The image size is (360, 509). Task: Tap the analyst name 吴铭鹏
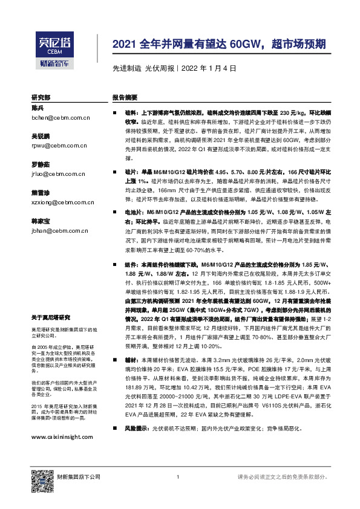[x=42, y=136]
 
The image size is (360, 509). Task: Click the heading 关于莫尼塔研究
[x=51, y=317]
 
